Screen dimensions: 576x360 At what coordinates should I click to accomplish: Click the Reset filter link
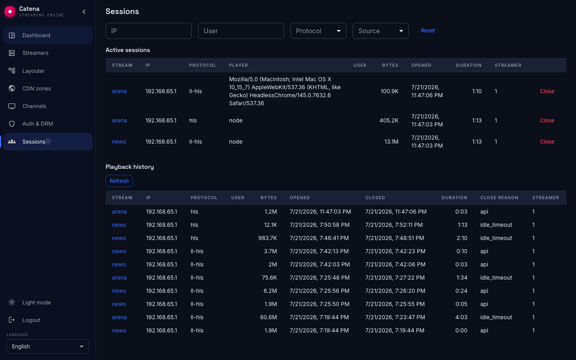(428, 30)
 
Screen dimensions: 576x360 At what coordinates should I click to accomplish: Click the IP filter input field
(148, 31)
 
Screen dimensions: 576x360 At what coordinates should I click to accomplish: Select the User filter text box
(241, 31)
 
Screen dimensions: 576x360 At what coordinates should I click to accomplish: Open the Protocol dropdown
(318, 31)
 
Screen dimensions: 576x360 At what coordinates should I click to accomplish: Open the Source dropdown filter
(380, 31)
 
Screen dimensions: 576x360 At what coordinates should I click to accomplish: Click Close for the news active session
(547, 142)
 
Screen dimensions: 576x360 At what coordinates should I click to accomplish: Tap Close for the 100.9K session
(547, 91)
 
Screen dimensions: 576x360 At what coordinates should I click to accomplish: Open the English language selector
(48, 346)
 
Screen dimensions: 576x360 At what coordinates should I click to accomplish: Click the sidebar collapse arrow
(84, 12)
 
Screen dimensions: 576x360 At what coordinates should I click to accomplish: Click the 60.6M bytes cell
(268, 317)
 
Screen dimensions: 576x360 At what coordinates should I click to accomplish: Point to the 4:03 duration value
(461, 317)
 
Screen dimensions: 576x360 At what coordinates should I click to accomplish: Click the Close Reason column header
(499, 198)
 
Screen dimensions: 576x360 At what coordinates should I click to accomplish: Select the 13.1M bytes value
(391, 142)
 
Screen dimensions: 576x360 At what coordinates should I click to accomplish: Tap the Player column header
(238, 65)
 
